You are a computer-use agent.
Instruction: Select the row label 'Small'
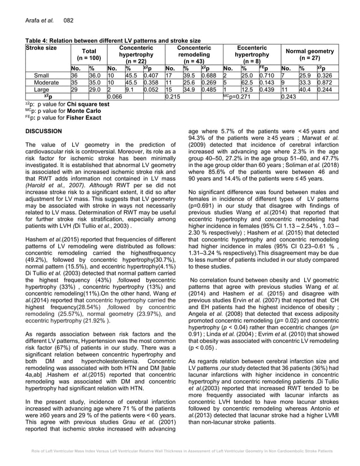pos(41,74)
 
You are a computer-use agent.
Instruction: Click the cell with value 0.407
pos(151,74)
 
